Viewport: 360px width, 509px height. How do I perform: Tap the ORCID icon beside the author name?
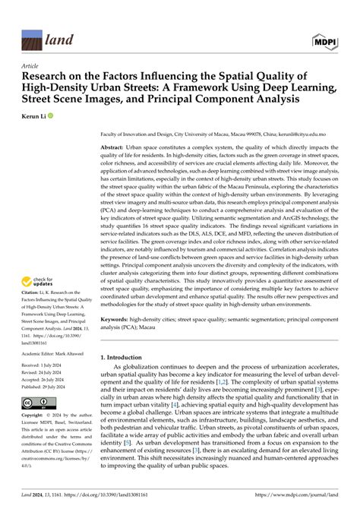point(52,118)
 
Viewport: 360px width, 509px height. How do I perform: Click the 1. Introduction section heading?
point(126,356)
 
